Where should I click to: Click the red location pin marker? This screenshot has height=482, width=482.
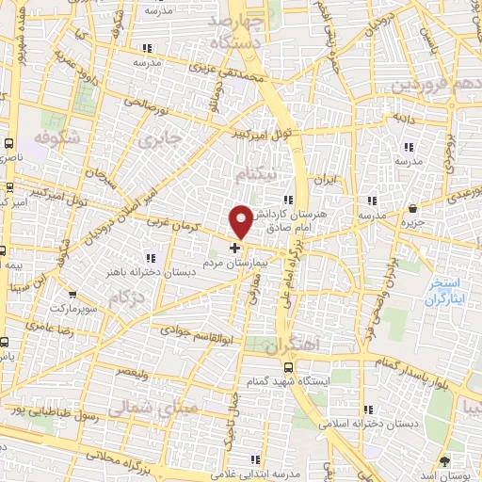pyautogui.click(x=241, y=220)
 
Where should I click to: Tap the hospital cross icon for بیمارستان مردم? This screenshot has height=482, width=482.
pyautogui.click(x=234, y=249)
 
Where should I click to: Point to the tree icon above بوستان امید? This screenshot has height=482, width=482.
pyautogui.click(x=446, y=460)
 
